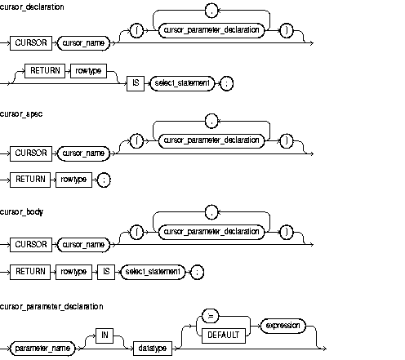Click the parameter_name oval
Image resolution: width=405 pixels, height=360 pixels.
pyautogui.click(x=47, y=348)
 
